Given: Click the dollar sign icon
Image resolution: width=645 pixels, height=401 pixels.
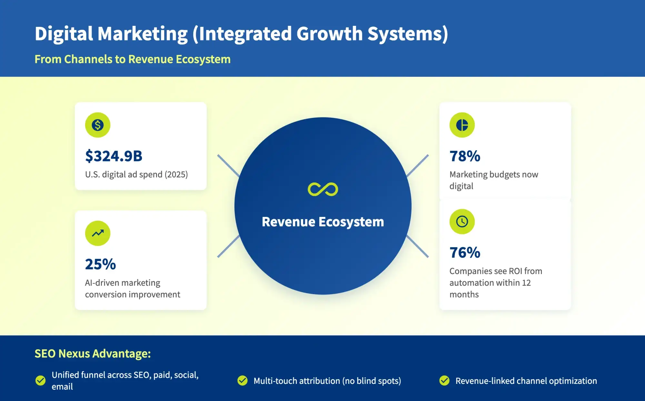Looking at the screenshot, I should click(x=97, y=125).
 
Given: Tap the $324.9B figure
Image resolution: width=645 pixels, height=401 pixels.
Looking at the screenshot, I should click(x=114, y=156).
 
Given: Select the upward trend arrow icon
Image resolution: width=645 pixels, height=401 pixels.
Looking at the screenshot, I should click(x=97, y=233).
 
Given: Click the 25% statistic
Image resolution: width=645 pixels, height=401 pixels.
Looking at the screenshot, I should click(x=100, y=264).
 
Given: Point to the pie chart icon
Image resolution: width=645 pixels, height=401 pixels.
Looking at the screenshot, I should click(x=462, y=125).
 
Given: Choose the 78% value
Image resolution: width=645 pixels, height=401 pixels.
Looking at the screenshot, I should click(x=465, y=156).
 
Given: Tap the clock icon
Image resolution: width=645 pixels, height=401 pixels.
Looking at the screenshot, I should click(x=462, y=221).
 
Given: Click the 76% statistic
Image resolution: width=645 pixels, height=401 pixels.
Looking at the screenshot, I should click(x=465, y=252).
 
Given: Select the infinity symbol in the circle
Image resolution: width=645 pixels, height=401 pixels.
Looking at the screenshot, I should click(x=323, y=189).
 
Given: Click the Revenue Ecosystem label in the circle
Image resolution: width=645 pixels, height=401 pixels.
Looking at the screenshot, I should click(x=323, y=222).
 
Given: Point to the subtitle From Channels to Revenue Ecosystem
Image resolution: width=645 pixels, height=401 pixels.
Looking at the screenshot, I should click(x=133, y=59).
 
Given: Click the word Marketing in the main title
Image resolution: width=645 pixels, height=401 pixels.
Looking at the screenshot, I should click(x=143, y=34).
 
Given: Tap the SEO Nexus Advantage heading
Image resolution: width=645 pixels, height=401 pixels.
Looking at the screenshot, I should click(x=93, y=354).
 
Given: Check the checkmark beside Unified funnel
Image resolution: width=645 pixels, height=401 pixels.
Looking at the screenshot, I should click(x=40, y=381).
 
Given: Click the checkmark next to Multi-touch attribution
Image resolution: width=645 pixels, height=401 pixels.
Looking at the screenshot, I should click(x=242, y=381).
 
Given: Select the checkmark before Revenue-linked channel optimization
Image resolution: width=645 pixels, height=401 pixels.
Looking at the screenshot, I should click(x=444, y=381).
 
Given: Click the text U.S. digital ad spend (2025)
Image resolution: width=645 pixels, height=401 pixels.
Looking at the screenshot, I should click(x=136, y=175).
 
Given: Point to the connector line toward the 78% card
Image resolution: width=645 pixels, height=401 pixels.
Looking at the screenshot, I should click(x=418, y=166).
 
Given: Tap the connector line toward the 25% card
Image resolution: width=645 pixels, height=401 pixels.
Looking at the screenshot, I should click(x=228, y=246).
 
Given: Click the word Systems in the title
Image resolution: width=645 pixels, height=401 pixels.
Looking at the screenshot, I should click(x=408, y=34).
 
